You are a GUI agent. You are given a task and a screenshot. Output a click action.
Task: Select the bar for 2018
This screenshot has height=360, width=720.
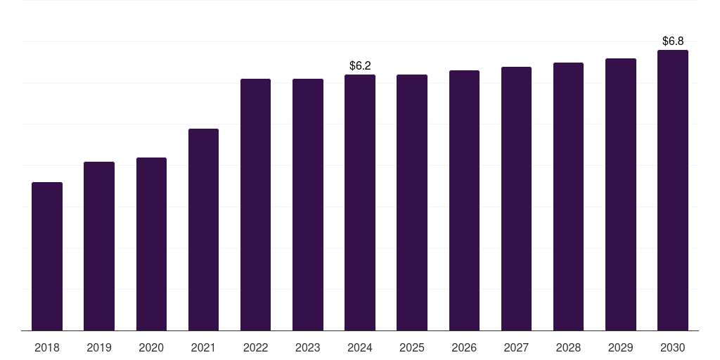(47, 257)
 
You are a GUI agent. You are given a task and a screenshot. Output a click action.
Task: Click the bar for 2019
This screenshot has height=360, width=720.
(99, 246)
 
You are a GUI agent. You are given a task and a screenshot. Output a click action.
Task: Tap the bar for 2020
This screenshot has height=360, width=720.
(151, 244)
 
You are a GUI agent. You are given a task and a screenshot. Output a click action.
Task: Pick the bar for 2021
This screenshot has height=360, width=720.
(203, 230)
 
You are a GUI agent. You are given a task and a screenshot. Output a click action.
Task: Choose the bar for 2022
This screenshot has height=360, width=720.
(255, 205)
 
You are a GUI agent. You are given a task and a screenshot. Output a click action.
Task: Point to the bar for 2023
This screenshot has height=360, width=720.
(308, 205)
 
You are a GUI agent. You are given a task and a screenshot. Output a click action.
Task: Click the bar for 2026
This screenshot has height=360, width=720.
(464, 200)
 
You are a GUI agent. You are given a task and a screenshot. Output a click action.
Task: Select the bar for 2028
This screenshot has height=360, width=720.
(568, 197)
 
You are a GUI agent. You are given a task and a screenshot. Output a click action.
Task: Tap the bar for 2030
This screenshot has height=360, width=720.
(673, 191)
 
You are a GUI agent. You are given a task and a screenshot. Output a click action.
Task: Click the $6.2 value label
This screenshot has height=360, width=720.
(360, 65)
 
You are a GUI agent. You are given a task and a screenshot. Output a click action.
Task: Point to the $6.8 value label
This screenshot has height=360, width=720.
(673, 41)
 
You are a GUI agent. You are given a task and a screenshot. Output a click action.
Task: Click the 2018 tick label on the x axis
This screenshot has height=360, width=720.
(47, 347)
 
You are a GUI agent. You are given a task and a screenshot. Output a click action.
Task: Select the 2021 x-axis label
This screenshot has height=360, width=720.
(203, 347)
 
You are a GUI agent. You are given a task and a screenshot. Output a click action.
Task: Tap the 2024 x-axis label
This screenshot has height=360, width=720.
(360, 347)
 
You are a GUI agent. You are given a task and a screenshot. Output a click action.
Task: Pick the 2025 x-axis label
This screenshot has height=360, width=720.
(412, 347)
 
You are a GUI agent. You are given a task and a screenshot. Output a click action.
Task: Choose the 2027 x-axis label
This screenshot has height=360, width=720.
(516, 347)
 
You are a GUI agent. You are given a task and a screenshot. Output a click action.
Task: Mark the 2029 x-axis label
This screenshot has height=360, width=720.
(621, 347)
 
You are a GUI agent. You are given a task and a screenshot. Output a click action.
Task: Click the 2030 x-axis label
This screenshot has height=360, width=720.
(673, 347)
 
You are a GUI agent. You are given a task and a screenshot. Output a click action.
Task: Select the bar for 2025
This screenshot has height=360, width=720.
(412, 202)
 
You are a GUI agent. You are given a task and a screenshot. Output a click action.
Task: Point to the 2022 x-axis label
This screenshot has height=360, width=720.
(255, 347)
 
